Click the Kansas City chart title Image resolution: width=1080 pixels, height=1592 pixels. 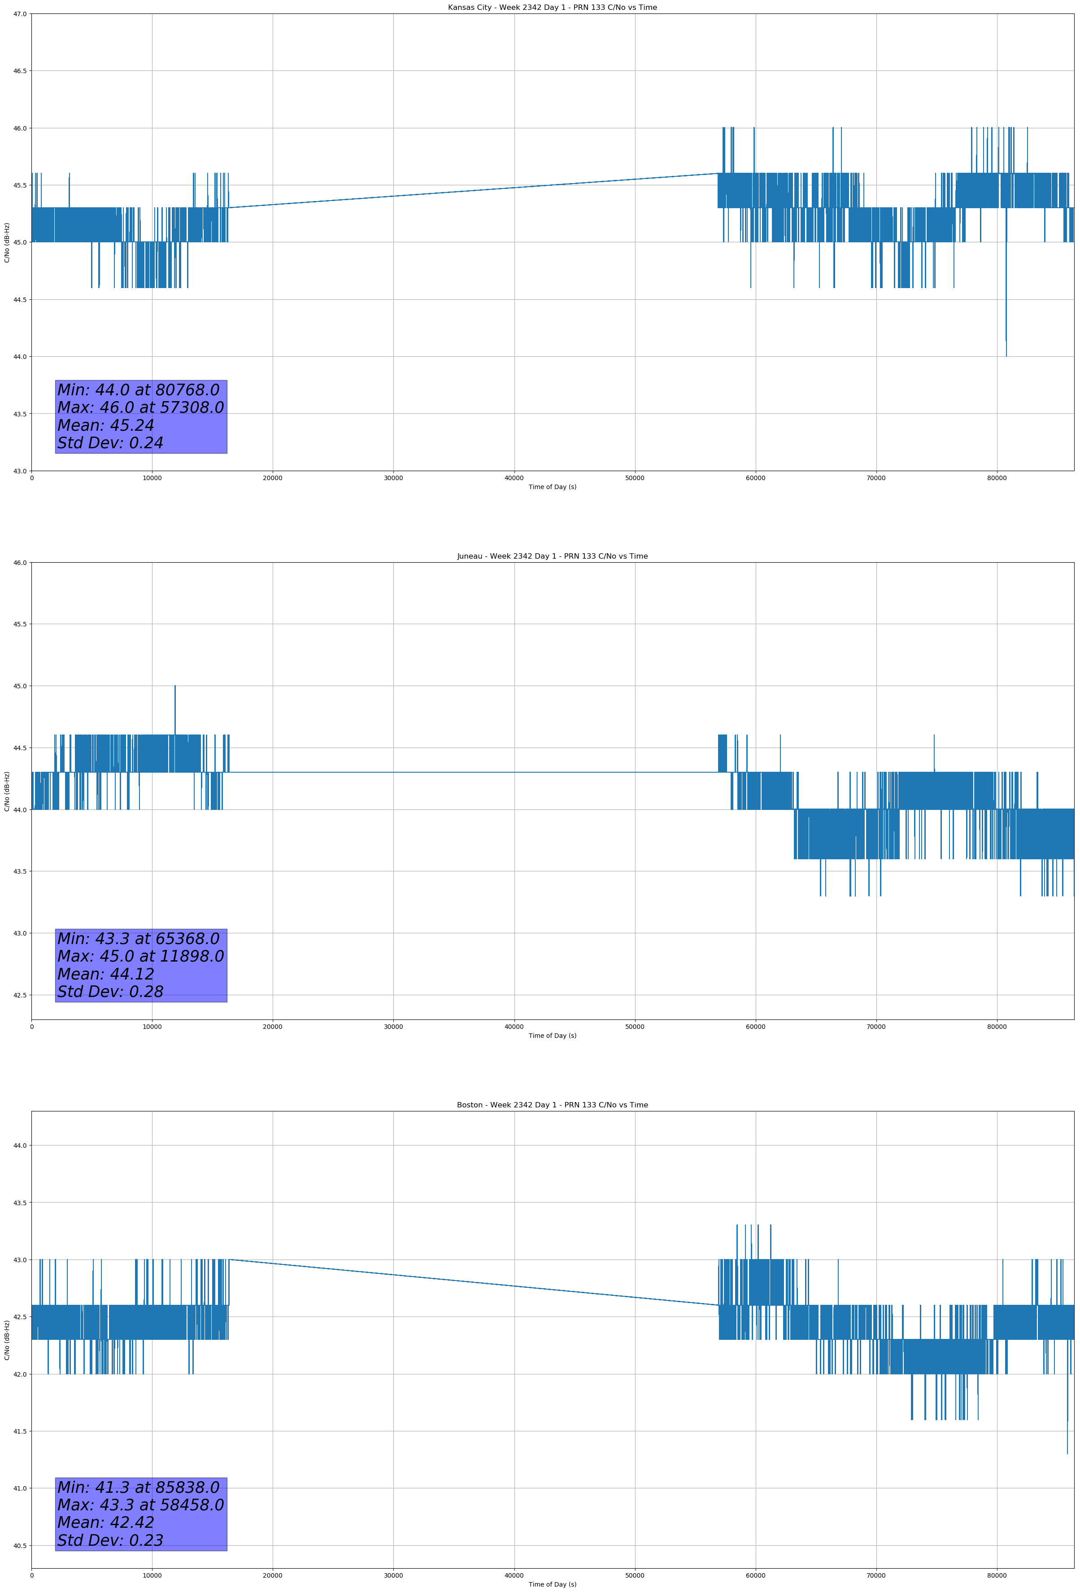tap(552, 8)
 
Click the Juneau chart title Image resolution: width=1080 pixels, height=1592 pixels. tap(552, 556)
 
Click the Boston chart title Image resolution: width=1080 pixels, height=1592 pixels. tap(552, 1105)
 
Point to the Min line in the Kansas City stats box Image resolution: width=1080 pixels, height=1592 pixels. tap(138, 390)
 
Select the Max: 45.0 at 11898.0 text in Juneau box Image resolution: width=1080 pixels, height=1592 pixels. tap(140, 956)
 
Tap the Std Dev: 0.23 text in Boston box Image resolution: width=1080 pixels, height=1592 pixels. tap(110, 1540)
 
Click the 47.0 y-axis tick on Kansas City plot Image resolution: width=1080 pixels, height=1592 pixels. tap(21, 14)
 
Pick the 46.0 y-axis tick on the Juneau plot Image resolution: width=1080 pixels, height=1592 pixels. tap(21, 562)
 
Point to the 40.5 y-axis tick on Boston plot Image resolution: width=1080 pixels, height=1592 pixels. tap(21, 1545)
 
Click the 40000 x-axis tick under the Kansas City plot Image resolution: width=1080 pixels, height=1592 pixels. tap(514, 478)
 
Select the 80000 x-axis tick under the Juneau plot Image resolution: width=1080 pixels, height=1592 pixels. tap(997, 1027)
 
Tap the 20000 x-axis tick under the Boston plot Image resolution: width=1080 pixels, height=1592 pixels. tap(273, 1575)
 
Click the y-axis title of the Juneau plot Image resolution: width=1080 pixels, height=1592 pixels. tap(7, 791)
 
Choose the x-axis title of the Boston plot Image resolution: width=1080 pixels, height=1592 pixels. tap(552, 1584)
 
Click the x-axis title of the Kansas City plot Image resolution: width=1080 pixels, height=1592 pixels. tap(552, 487)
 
